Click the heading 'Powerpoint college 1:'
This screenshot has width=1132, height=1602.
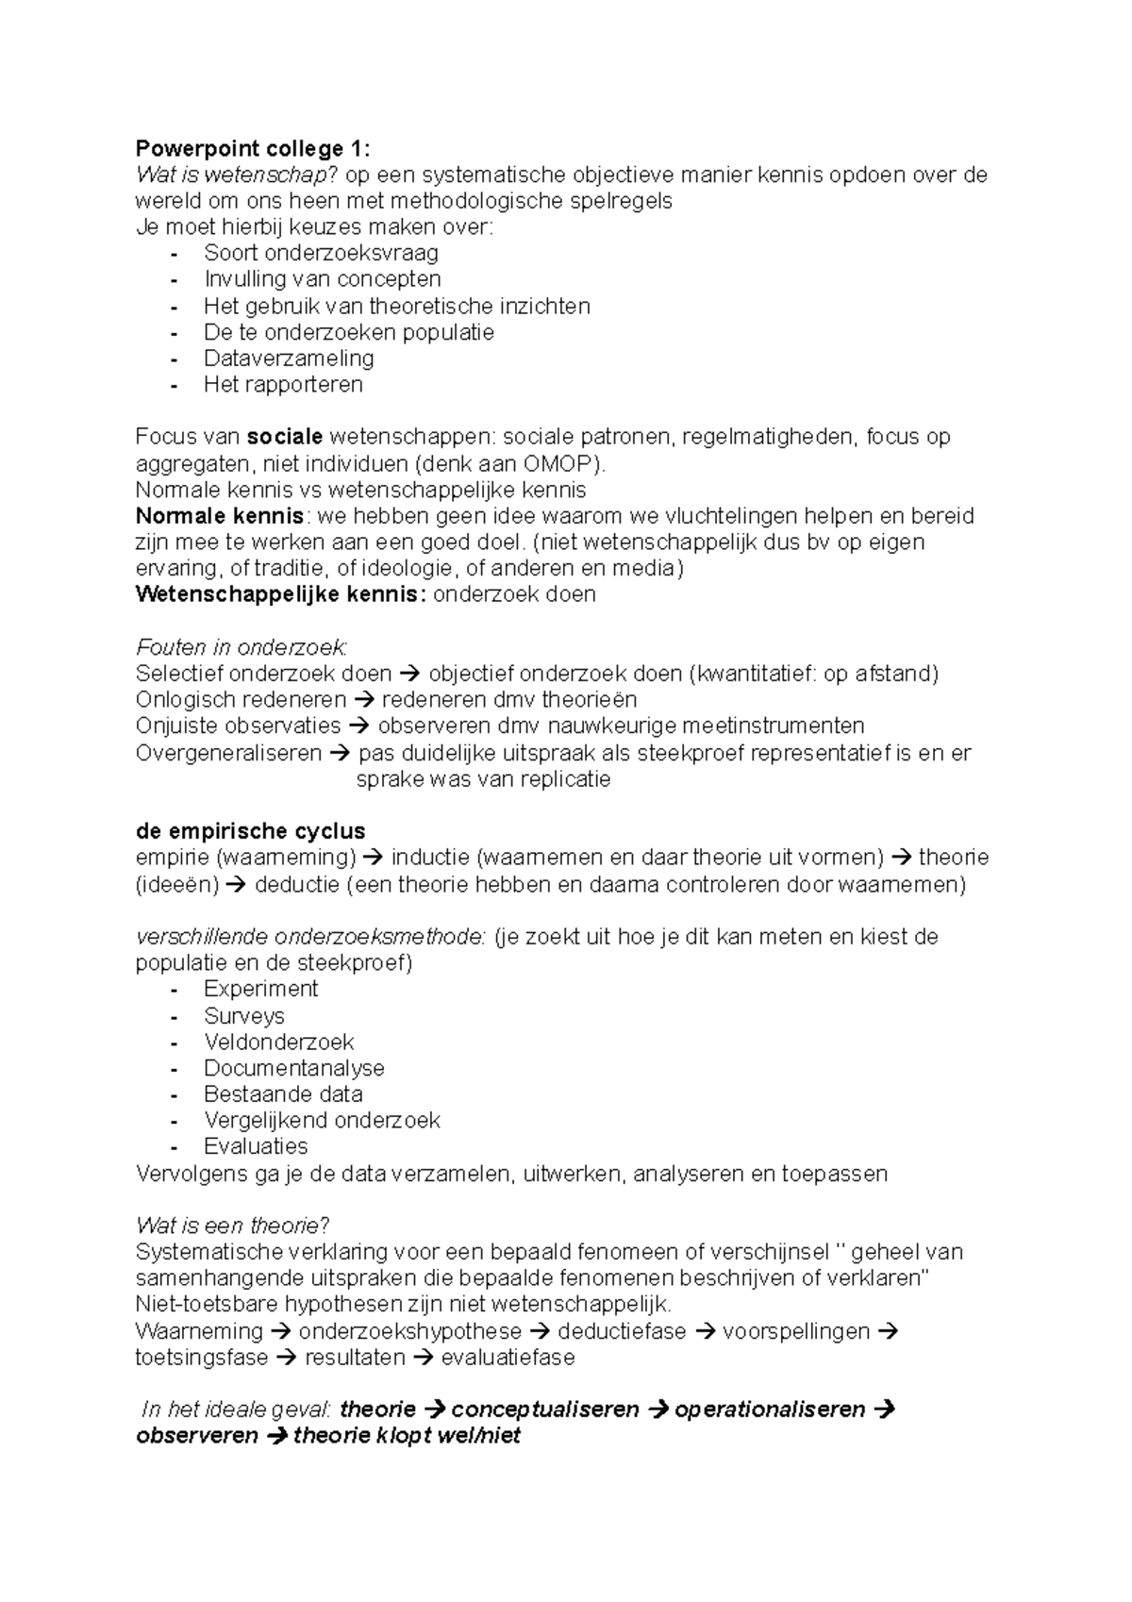tap(253, 148)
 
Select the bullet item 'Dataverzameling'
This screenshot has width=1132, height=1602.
tap(289, 359)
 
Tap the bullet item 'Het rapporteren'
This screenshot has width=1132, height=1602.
tap(283, 385)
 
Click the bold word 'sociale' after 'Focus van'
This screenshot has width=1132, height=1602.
tap(285, 437)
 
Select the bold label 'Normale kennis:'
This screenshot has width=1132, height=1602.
tap(222, 516)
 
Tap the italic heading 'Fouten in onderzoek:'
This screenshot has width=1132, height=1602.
tap(241, 648)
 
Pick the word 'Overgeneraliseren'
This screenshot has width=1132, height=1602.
tap(228, 753)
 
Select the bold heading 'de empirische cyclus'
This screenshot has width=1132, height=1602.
tap(251, 831)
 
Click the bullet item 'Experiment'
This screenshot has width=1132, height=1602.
tap(261, 989)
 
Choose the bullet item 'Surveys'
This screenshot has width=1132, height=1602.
tap(244, 1016)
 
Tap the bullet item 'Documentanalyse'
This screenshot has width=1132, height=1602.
tap(294, 1068)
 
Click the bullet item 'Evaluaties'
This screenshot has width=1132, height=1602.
tap(256, 1146)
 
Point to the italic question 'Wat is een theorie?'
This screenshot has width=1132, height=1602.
tap(232, 1226)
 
